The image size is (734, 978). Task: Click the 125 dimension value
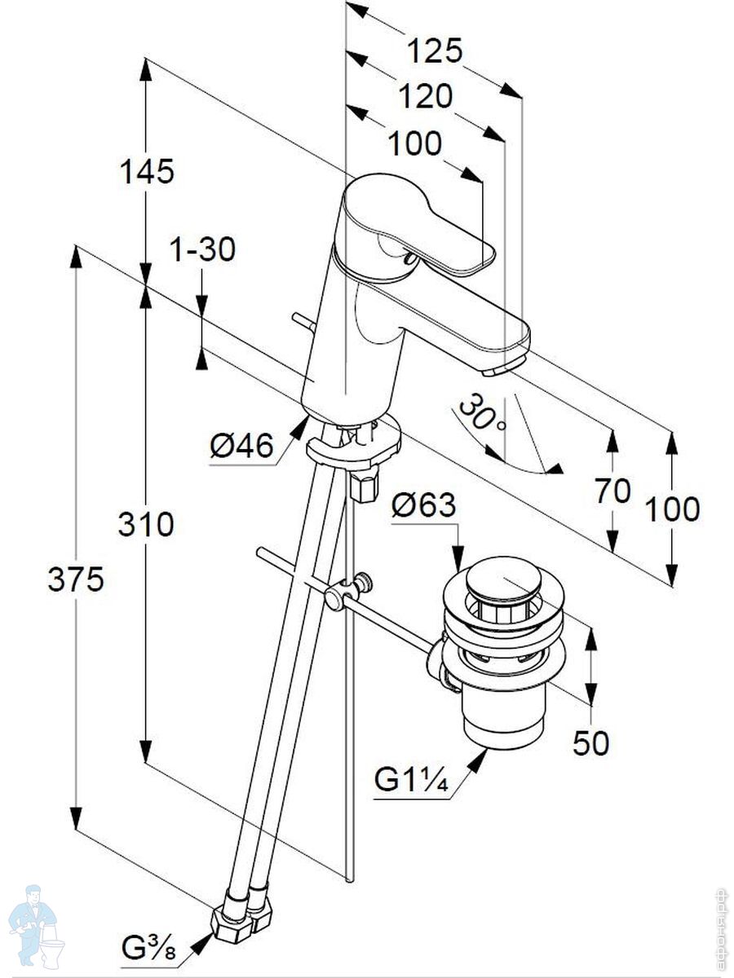click(435, 51)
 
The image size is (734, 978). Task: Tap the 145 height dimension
click(147, 172)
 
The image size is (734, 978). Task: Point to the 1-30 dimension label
click(202, 249)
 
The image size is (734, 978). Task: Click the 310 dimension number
click(146, 525)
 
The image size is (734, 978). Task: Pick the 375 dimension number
click(75, 580)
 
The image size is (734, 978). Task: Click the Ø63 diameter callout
click(423, 506)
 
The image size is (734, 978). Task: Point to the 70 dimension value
click(612, 491)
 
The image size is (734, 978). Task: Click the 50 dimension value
click(590, 743)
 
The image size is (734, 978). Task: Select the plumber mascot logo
click(35, 929)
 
